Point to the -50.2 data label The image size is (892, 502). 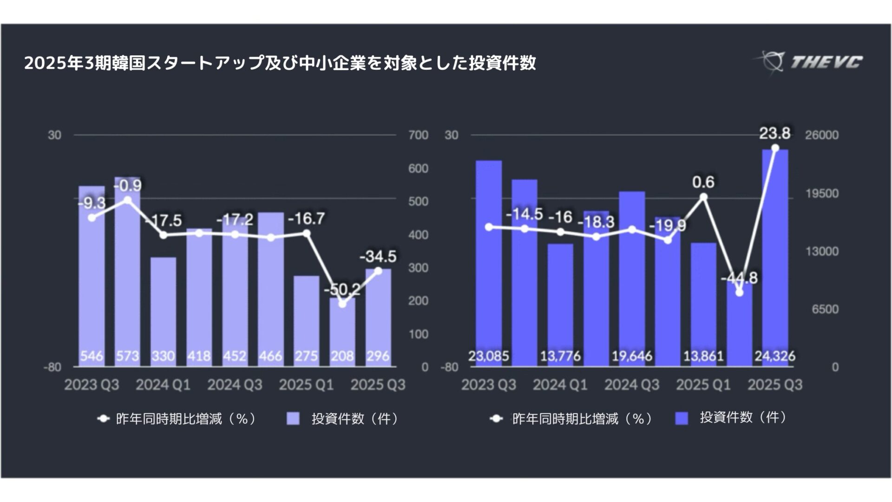[342, 289]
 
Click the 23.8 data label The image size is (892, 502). [774, 133]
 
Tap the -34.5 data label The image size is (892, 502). [378, 256]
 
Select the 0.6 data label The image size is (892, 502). [703, 182]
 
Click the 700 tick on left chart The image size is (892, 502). [418, 135]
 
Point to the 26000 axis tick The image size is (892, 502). [822, 135]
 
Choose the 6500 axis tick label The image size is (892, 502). [825, 309]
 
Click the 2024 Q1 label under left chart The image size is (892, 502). [163, 385]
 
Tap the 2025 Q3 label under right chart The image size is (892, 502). [775, 385]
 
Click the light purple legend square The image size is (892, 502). [293, 419]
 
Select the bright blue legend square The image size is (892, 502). [682, 418]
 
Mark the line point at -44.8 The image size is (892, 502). [739, 292]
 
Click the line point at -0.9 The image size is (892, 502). [127, 200]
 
